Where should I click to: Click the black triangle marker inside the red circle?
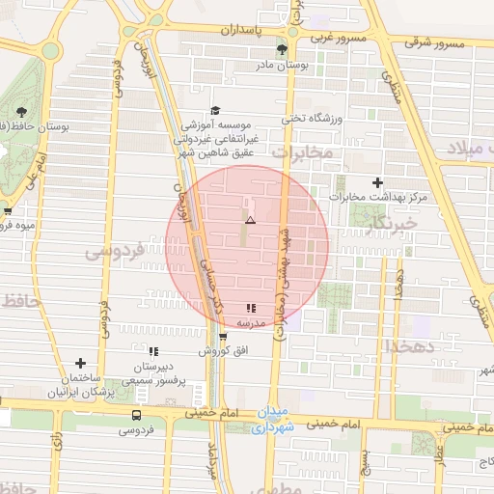click(x=249, y=221)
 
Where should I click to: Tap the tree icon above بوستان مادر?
click(x=282, y=48)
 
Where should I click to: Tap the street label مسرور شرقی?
click(x=434, y=43)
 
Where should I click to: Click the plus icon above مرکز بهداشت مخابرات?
click(x=377, y=182)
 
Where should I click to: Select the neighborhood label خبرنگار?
click(x=391, y=224)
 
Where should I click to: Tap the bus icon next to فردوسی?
click(x=136, y=415)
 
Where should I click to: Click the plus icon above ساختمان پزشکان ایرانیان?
click(x=81, y=364)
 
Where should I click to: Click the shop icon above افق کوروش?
click(x=223, y=337)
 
